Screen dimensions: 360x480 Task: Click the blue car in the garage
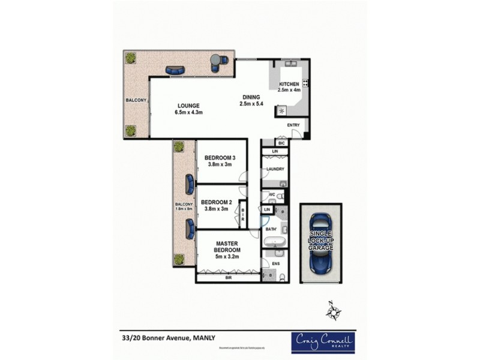coord(322,244)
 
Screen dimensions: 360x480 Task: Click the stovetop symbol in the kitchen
coord(305,83)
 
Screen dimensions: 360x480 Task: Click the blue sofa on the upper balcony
coord(175,70)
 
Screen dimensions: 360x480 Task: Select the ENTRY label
coord(293,125)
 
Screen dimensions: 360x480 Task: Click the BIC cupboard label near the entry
coord(281,144)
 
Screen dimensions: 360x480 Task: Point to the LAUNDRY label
coord(275,169)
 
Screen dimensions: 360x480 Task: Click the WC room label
coord(272,194)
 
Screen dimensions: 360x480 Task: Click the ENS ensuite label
coord(277,262)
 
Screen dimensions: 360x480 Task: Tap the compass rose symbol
coord(334,311)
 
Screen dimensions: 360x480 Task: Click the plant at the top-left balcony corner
coord(130,58)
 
